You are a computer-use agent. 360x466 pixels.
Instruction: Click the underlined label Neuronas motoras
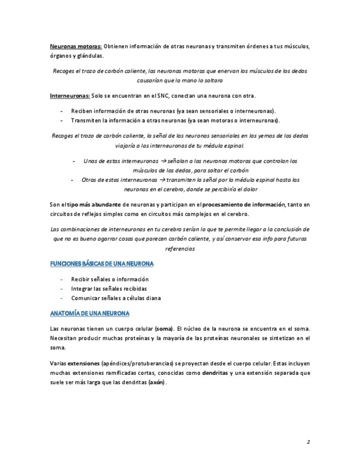[x=75, y=46]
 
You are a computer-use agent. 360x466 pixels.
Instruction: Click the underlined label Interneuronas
[x=70, y=96]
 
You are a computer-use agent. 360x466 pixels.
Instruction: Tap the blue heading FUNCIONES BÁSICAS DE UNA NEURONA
[x=102, y=264]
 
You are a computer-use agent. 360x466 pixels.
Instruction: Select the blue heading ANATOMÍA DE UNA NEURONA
[x=90, y=313]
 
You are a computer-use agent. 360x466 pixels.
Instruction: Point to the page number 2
[x=308, y=442]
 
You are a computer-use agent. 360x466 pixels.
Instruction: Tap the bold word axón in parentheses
[x=157, y=382]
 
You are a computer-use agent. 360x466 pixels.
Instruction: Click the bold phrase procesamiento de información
[x=245, y=204]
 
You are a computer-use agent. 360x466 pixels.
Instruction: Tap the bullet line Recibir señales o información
[x=110, y=279]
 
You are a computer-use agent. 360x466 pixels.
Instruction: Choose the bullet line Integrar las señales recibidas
[x=109, y=289]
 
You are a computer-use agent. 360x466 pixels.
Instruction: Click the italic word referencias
[x=180, y=248]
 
